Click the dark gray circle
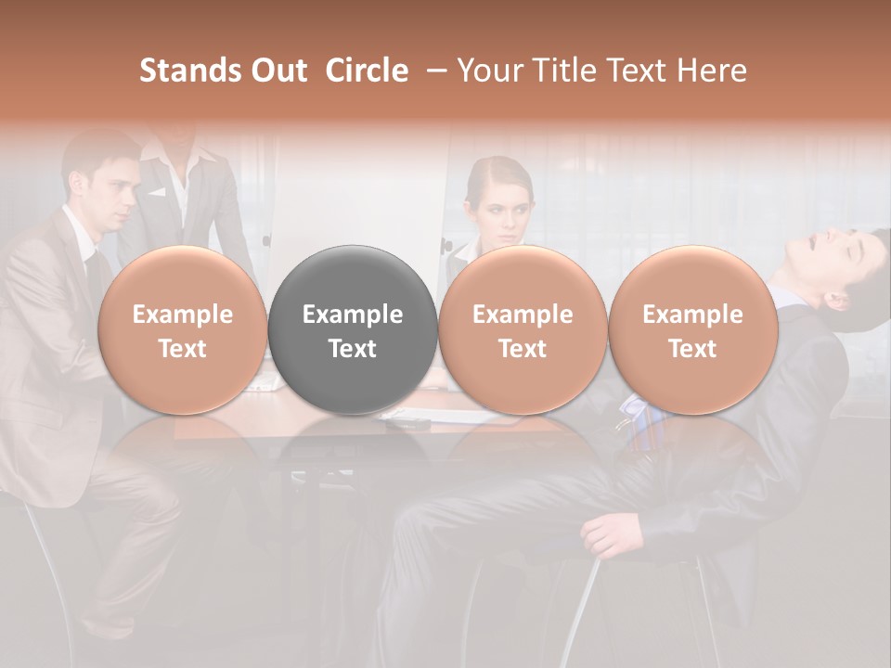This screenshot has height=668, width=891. (353, 330)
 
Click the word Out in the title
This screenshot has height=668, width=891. (281, 71)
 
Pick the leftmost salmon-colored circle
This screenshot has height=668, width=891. (182, 330)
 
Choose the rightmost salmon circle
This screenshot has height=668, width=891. (692, 330)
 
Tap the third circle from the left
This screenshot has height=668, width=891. (523, 330)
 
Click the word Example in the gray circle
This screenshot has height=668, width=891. (353, 315)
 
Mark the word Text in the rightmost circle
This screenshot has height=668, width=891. (692, 349)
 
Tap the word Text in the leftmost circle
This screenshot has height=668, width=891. (182, 349)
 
